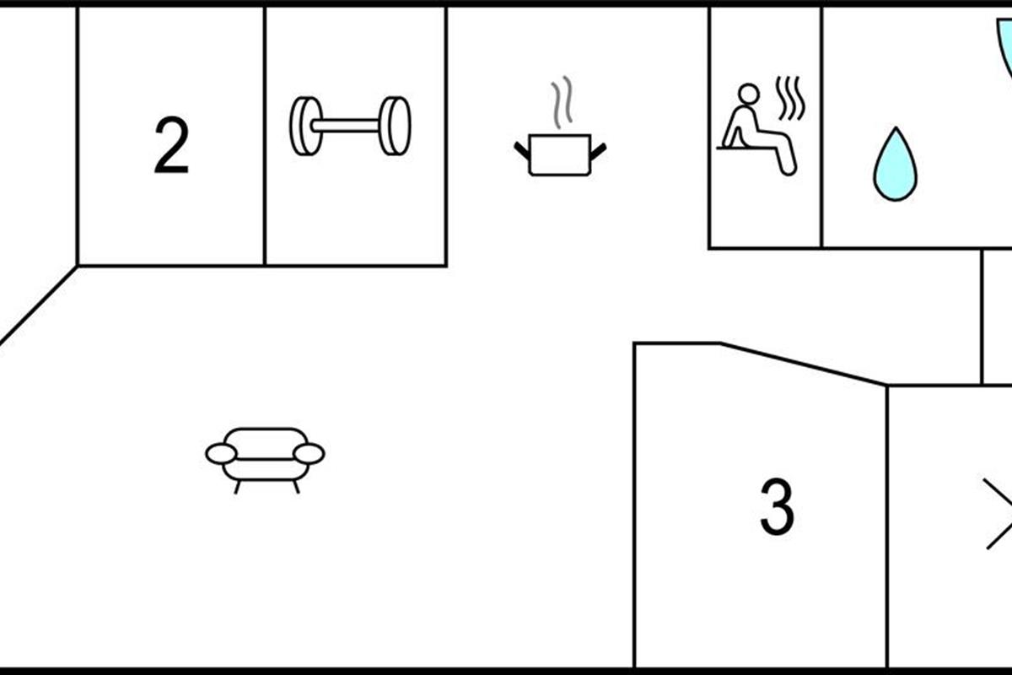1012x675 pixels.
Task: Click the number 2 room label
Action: point(171,144)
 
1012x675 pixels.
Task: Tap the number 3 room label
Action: point(777,506)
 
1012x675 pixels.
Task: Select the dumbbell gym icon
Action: point(350,126)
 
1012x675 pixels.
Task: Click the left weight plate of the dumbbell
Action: point(306,126)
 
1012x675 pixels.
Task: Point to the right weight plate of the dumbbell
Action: point(395,126)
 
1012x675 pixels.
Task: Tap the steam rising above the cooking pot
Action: point(562,102)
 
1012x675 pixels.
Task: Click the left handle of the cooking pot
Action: point(522,151)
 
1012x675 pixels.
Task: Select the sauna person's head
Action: point(749,94)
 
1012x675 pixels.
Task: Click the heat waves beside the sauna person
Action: point(791,99)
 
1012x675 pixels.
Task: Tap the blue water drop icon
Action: point(895,165)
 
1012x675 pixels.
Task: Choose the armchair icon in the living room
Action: point(265,460)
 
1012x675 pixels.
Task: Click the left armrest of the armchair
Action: point(221,453)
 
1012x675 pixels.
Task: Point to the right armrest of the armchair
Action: point(309,453)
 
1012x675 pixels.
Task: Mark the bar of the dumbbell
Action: point(346,126)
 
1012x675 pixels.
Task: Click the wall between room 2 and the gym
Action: point(264,136)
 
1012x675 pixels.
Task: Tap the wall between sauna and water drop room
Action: point(821,127)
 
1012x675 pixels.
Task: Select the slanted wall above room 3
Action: point(803,364)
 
